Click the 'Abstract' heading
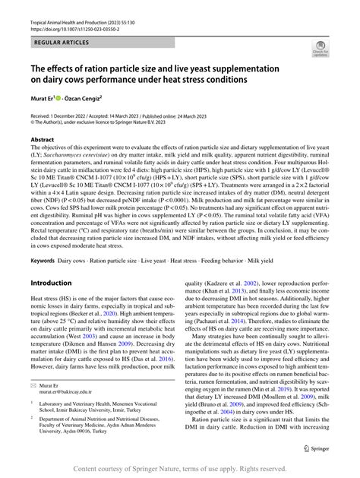pos(43,141)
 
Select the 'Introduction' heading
pos(51,262)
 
